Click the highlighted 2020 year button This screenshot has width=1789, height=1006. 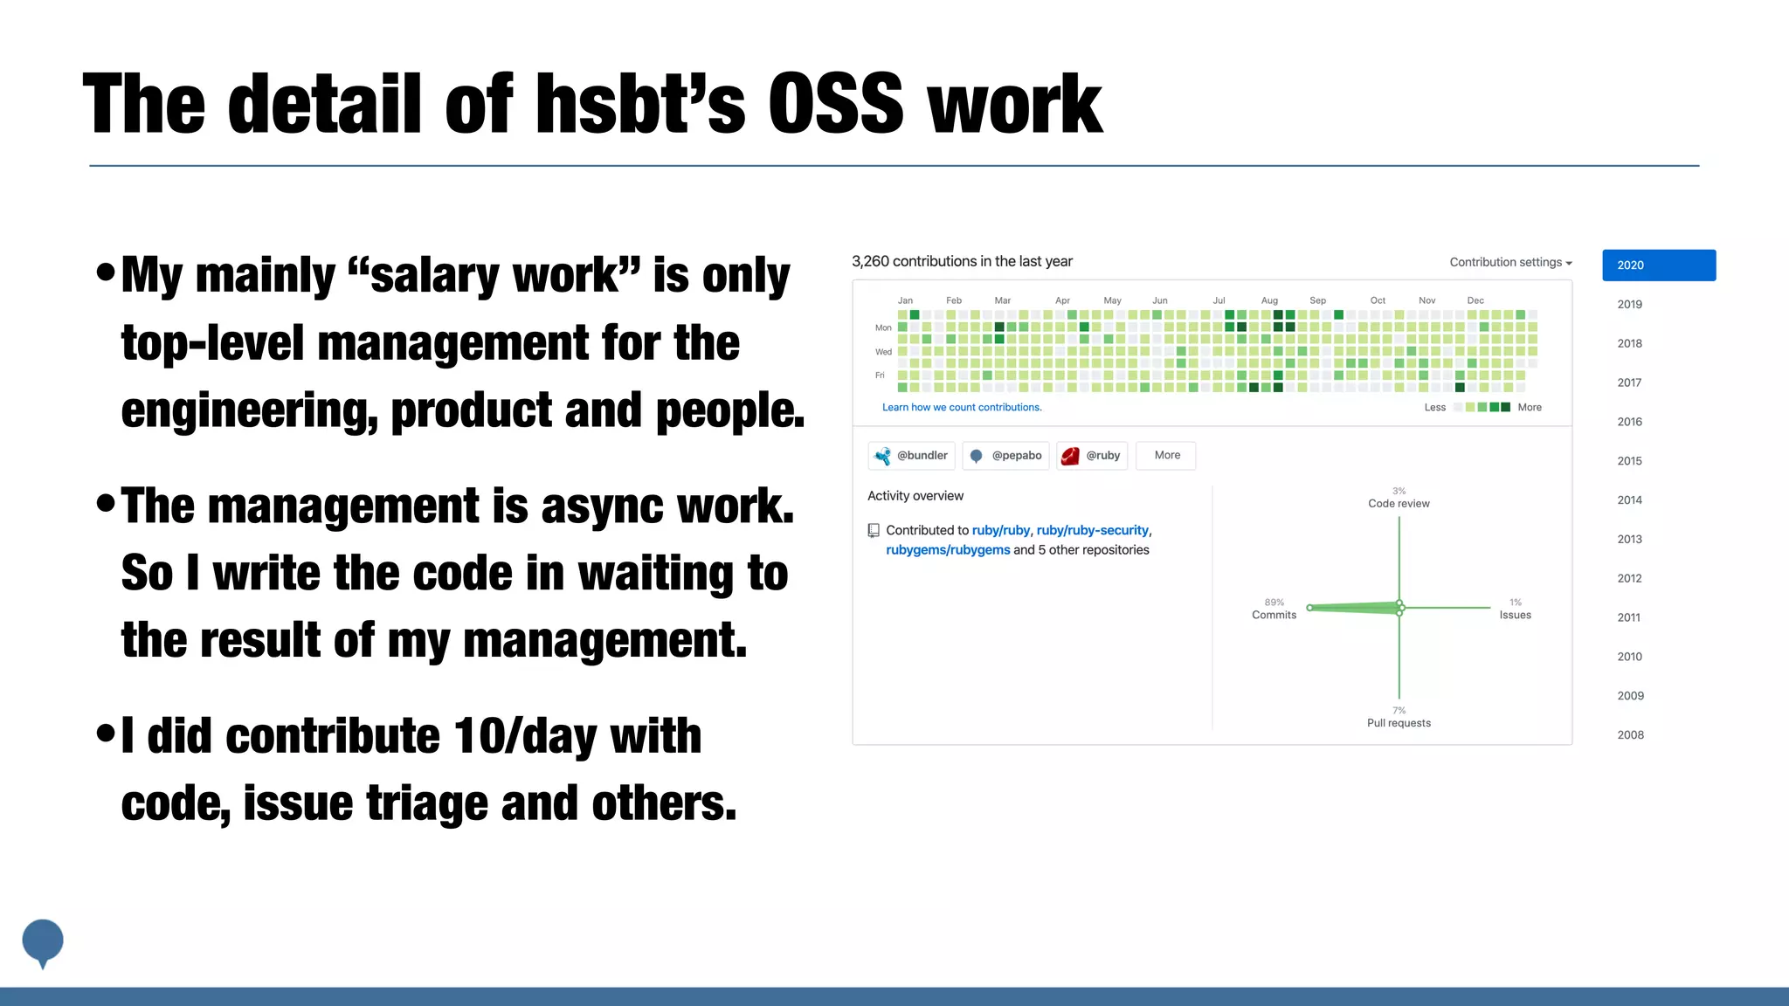point(1658,265)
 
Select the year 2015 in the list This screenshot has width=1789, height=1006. point(1629,461)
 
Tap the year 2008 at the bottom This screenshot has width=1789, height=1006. point(1630,735)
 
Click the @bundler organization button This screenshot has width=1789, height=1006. point(912,456)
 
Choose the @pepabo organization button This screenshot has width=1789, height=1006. point(1006,456)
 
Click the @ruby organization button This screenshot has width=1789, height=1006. point(1092,456)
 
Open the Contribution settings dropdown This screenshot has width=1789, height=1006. point(1510,262)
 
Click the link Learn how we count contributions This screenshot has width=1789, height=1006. point(962,408)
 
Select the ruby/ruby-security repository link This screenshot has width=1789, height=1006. point(1092,530)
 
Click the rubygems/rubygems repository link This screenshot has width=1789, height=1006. point(948,550)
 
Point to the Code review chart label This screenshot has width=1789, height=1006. point(1399,504)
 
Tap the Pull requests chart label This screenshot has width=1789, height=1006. point(1399,723)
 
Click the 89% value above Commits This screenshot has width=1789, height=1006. point(1274,603)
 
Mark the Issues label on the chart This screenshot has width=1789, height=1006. point(1515,616)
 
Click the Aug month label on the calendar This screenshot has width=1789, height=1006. point(1269,300)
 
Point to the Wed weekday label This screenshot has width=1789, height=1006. point(883,352)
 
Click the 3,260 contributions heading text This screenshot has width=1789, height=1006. point(962,262)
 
